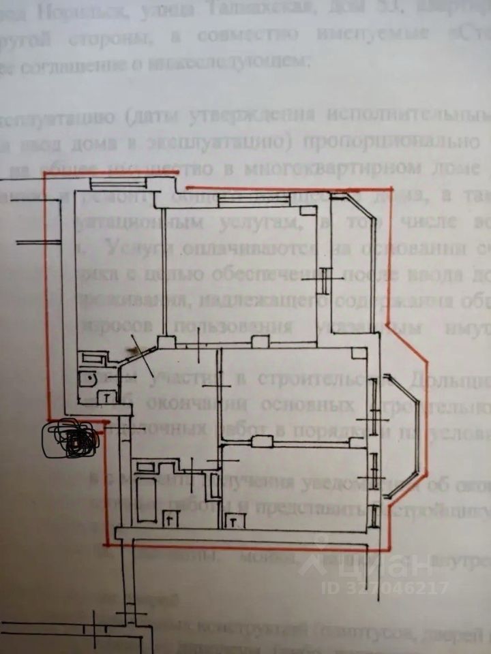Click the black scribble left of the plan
72,439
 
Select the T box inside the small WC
108,395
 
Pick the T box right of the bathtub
168,519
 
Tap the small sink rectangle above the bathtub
146,467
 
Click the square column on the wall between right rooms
260,441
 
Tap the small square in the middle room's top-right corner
357,354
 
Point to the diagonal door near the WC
138,351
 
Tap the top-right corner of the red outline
392,188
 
